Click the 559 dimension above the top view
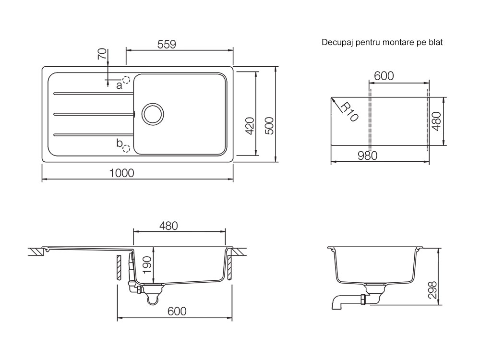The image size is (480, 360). [x=167, y=44]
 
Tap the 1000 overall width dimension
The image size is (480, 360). [x=122, y=173]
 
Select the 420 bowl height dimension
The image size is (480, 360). [x=250, y=126]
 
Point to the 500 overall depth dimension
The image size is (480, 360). [x=269, y=126]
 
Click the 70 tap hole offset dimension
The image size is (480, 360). [x=103, y=54]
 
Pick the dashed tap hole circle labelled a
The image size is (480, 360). [x=126, y=80]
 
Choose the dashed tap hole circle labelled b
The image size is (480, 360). [x=126, y=148]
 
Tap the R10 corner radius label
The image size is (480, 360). [x=349, y=112]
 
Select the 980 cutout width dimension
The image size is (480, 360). [x=368, y=156]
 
